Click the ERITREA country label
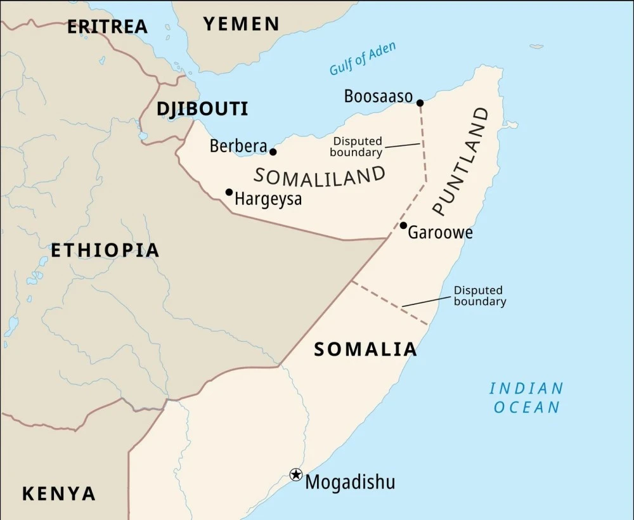tap(107, 27)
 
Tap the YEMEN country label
tap(241, 24)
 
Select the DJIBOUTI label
tap(202, 109)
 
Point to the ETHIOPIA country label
tap(105, 250)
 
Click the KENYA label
tap(59, 493)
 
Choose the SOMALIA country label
tap(366, 349)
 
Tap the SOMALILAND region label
tap(320, 177)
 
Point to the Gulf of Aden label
tap(363, 58)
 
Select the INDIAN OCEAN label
tap(527, 398)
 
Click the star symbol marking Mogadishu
tap(295, 474)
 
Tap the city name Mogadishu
tap(350, 482)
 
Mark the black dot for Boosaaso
tap(420, 103)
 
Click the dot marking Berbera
tap(273, 152)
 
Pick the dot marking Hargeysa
tap(229, 192)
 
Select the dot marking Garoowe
tap(403, 225)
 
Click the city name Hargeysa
tap(268, 199)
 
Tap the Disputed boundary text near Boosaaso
tap(357, 147)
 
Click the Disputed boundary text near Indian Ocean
tap(479, 296)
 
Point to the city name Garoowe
tap(440, 233)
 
